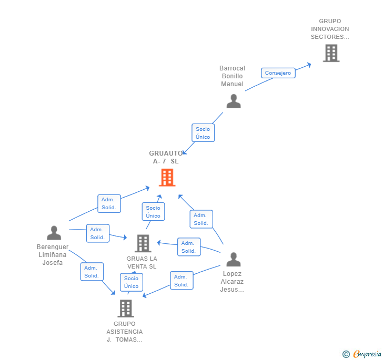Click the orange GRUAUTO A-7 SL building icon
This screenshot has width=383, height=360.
pyautogui.click(x=167, y=178)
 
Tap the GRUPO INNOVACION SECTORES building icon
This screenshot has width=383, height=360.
pyautogui.click(x=331, y=53)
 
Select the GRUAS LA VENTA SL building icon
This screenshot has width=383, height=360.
pyautogui.click(x=143, y=243)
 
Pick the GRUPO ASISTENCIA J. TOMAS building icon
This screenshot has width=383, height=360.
pyautogui.click(x=125, y=308)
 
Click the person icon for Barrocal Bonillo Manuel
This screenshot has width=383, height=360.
pyautogui.click(x=234, y=101)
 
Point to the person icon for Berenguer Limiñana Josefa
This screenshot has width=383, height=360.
pyautogui.click(x=54, y=232)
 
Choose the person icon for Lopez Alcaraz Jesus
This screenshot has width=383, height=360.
pyautogui.click(x=233, y=259)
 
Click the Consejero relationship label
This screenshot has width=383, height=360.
pyautogui.click(x=278, y=73)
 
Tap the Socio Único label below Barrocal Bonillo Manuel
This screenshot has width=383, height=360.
pyautogui.click(x=203, y=133)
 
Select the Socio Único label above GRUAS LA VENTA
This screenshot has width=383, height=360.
pyautogui.click(x=153, y=212)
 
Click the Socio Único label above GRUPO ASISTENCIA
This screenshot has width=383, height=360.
pyautogui.click(x=132, y=282)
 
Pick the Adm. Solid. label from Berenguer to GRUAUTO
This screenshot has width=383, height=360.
pyautogui.click(x=109, y=203)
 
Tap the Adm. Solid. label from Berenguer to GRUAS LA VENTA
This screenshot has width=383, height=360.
pyautogui.click(x=97, y=233)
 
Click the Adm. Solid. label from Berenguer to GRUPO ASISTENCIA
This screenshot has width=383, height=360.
pyautogui.click(x=92, y=272)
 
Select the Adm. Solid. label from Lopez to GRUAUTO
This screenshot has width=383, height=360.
pyautogui.click(x=201, y=219)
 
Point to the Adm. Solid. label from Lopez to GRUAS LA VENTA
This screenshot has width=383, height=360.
pyautogui.click(x=188, y=247)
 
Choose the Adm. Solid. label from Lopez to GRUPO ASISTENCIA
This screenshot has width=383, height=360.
pyautogui.click(x=181, y=281)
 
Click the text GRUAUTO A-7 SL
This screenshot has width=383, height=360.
pyautogui.click(x=164, y=158)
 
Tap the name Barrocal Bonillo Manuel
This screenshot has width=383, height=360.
pyautogui.click(x=232, y=76)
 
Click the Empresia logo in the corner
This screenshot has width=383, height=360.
pyautogui.click(x=362, y=354)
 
